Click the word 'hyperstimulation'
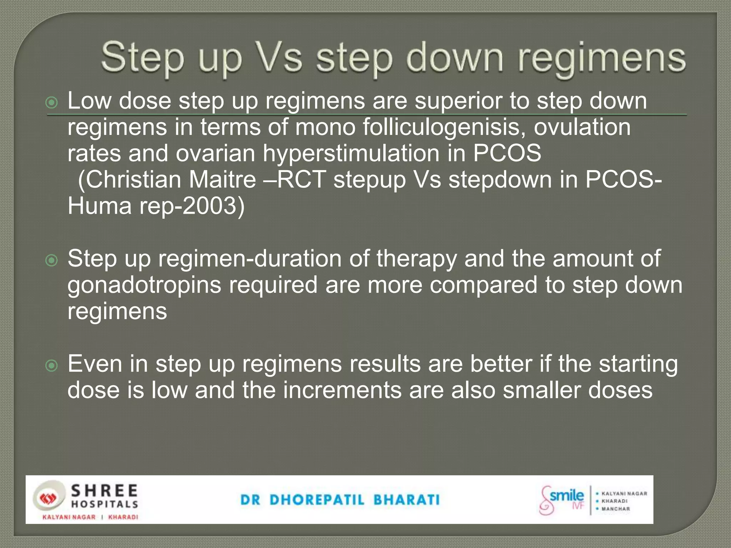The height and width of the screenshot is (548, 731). (x=351, y=153)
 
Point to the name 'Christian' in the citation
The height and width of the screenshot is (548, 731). (x=133, y=179)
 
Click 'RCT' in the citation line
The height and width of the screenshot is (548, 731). (x=301, y=179)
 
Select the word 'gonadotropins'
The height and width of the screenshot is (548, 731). (x=144, y=285)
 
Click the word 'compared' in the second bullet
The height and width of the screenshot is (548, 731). (x=483, y=285)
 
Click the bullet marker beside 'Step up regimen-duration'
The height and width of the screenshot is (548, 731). (x=52, y=261)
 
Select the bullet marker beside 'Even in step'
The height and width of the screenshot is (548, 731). (x=52, y=366)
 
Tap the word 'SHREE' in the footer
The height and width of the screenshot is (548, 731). (x=104, y=491)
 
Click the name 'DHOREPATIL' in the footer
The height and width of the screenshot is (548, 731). (x=317, y=500)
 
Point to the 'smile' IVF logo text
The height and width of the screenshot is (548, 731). (x=566, y=496)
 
